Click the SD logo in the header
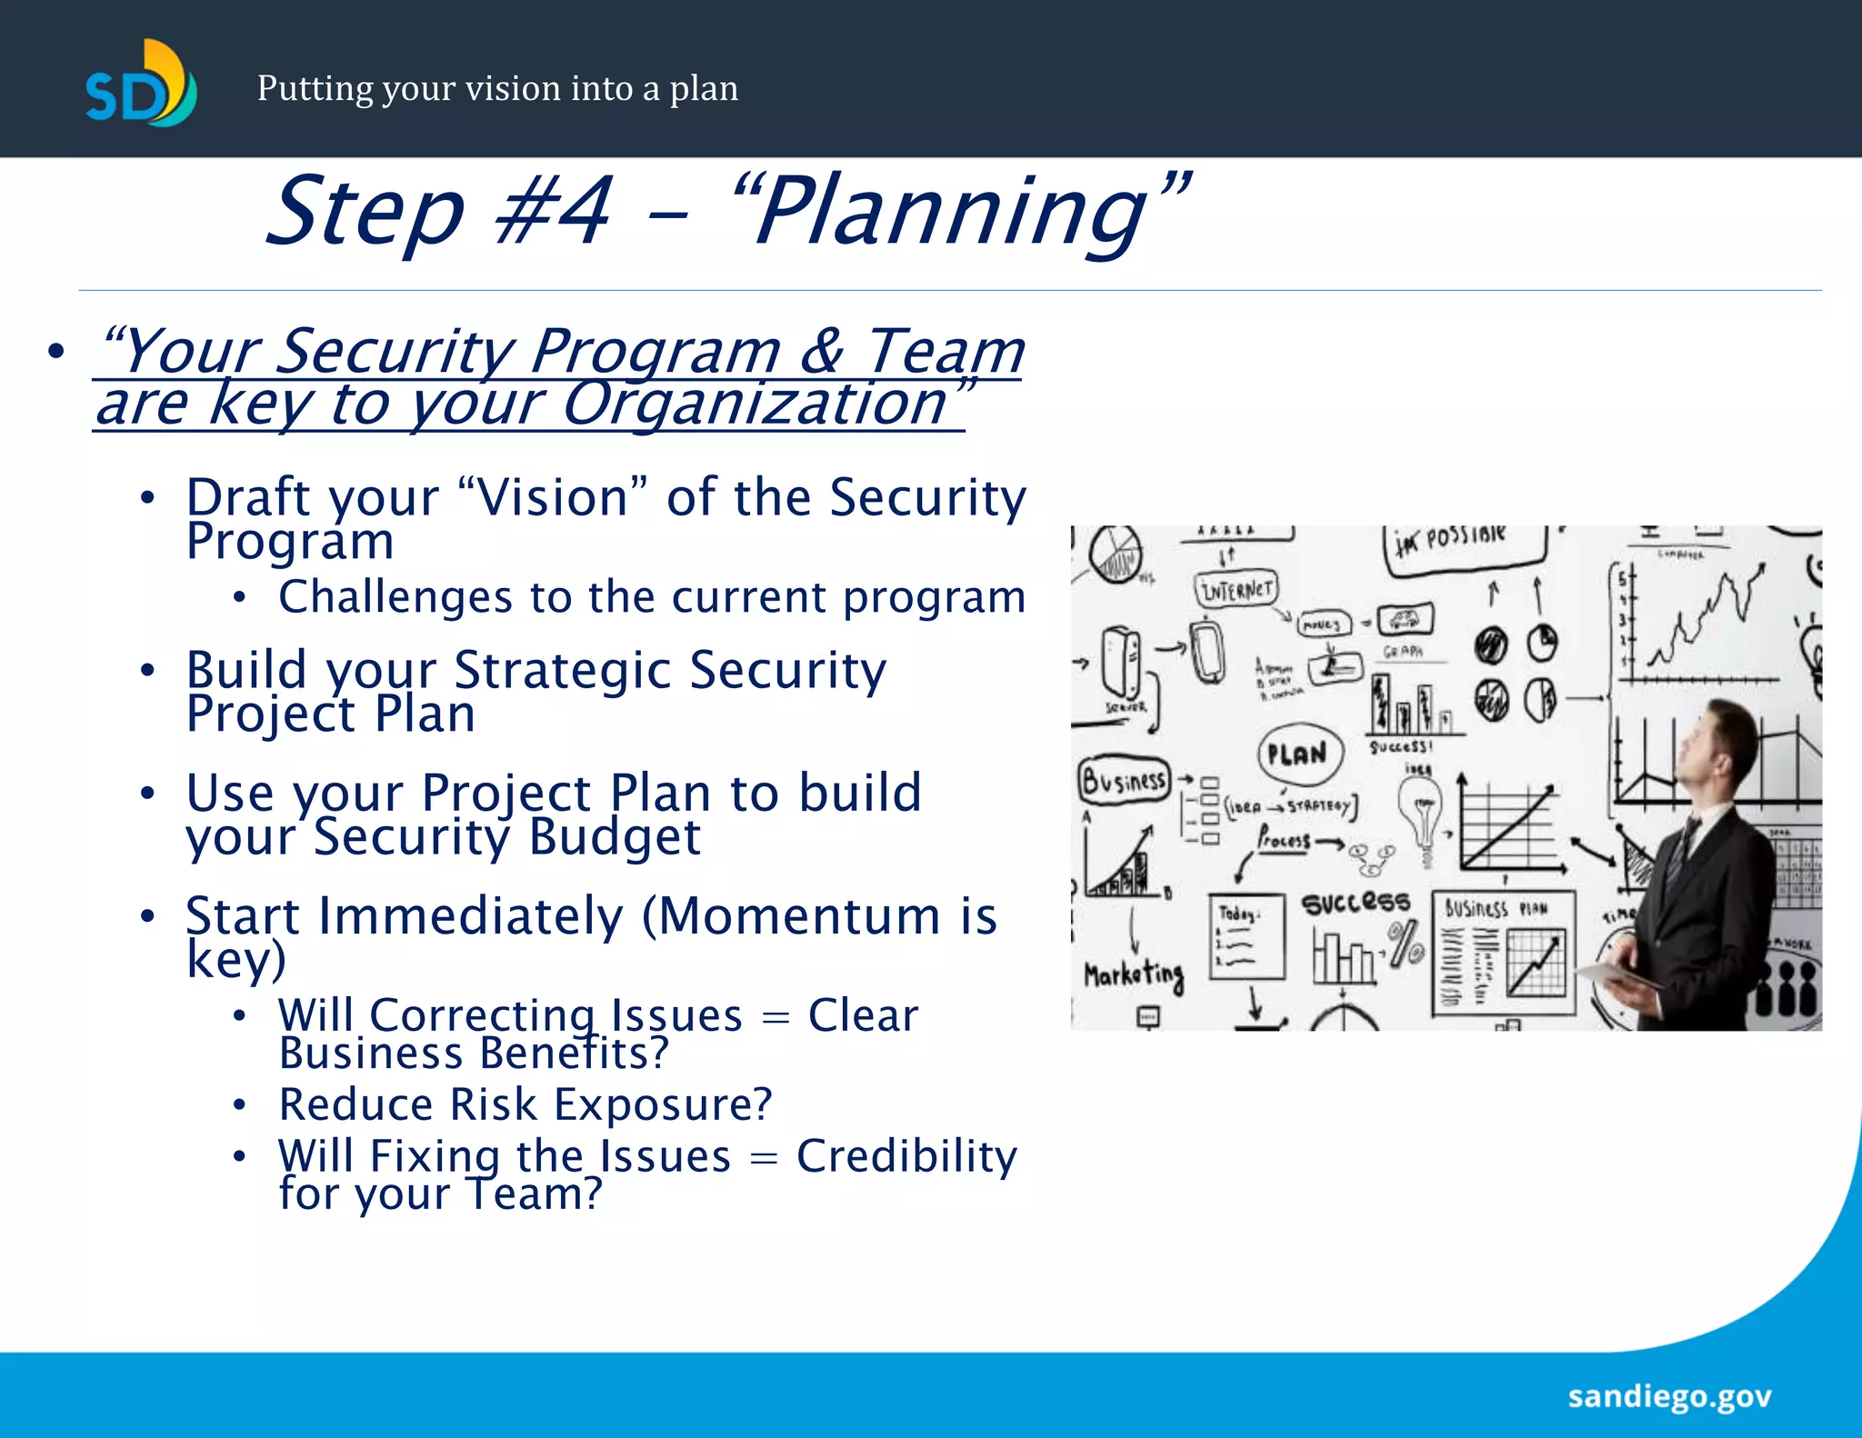point(141,84)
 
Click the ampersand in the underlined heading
point(821,351)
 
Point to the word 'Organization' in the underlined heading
point(754,404)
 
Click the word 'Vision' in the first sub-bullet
point(553,498)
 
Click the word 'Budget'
point(615,837)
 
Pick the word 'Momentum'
point(798,915)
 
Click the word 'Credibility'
point(906,1156)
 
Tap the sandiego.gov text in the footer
point(1669,1396)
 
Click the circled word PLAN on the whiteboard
point(1297,754)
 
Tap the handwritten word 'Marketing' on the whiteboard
point(1133,975)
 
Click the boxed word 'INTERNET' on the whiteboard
point(1236,590)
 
